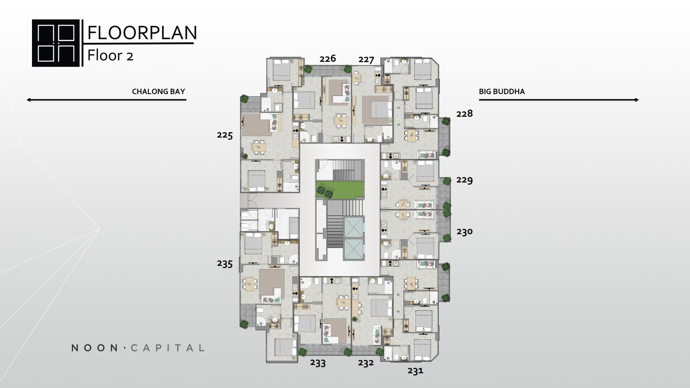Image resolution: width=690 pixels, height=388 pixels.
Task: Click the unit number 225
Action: [225, 135]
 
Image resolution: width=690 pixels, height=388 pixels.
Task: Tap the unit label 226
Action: [328, 59]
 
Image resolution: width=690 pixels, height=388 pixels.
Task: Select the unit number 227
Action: [366, 60]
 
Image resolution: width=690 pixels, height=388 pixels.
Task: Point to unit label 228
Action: [464, 114]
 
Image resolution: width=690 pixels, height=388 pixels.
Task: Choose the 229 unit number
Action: [464, 180]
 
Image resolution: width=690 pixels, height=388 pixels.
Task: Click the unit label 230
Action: [464, 232]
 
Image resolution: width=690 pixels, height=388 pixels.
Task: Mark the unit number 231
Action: [415, 370]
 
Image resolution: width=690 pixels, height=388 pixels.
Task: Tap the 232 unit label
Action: [366, 363]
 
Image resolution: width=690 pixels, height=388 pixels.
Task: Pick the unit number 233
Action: [318, 363]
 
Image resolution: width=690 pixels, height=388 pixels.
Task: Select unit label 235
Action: [225, 264]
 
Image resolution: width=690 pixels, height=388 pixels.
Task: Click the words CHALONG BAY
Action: [158, 91]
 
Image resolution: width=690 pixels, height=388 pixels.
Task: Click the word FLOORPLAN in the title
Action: [142, 33]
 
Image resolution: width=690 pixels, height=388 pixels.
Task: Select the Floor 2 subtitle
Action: [110, 56]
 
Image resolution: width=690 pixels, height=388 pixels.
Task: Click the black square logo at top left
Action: [56, 43]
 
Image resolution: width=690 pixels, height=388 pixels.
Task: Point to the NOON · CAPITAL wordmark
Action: [138, 348]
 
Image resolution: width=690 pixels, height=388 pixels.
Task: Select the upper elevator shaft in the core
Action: [354, 227]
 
